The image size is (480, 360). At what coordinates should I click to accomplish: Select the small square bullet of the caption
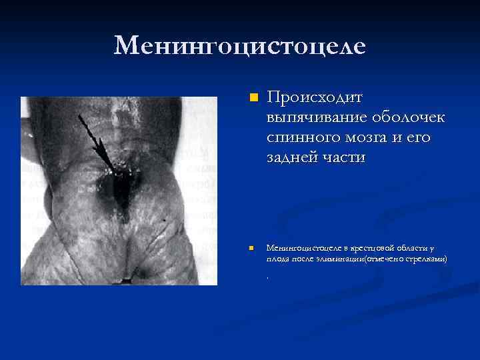click(x=252, y=248)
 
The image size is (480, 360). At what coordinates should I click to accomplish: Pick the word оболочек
click(x=407, y=118)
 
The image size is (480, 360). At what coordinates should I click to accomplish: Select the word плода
click(x=278, y=258)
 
